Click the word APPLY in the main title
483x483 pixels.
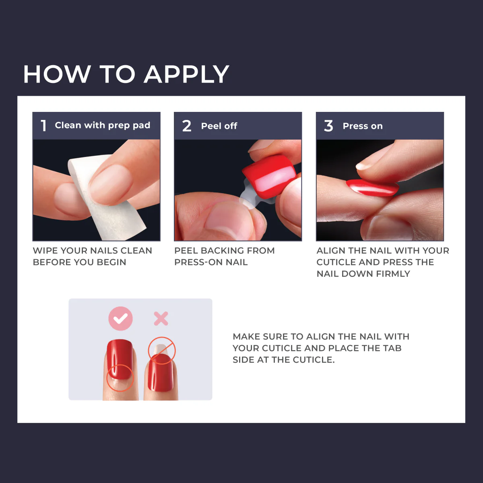coord(186,74)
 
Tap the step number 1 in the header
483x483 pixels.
coord(43,126)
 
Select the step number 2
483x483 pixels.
coord(186,126)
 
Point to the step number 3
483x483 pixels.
coord(328,126)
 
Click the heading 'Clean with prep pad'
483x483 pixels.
coord(102,126)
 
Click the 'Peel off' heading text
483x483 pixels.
coord(219,126)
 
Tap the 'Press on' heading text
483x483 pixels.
coord(362,126)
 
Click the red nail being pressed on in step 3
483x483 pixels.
coord(372,188)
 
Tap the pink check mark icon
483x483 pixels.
coord(120,319)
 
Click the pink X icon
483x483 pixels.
coord(161,319)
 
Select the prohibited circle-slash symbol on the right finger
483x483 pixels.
coord(162,350)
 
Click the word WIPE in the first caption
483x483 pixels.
coord(45,251)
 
